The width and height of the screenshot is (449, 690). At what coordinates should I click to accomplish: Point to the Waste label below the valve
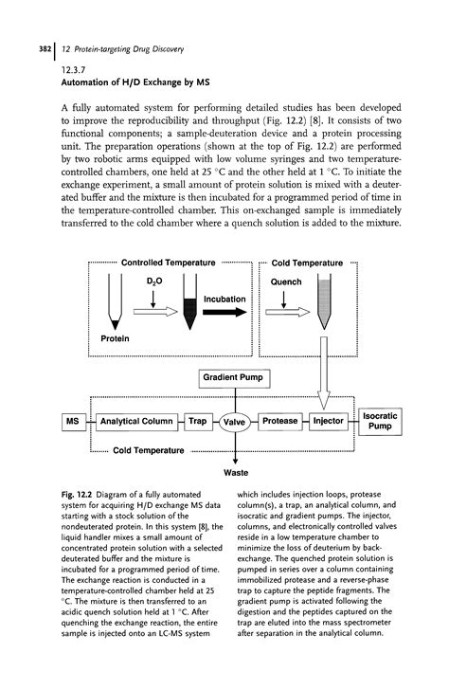click(236, 471)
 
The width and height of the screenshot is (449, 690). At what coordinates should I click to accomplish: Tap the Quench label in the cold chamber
click(285, 281)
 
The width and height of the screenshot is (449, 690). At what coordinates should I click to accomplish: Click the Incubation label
click(224, 300)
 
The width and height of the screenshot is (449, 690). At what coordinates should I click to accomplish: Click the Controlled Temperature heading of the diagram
click(167, 263)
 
